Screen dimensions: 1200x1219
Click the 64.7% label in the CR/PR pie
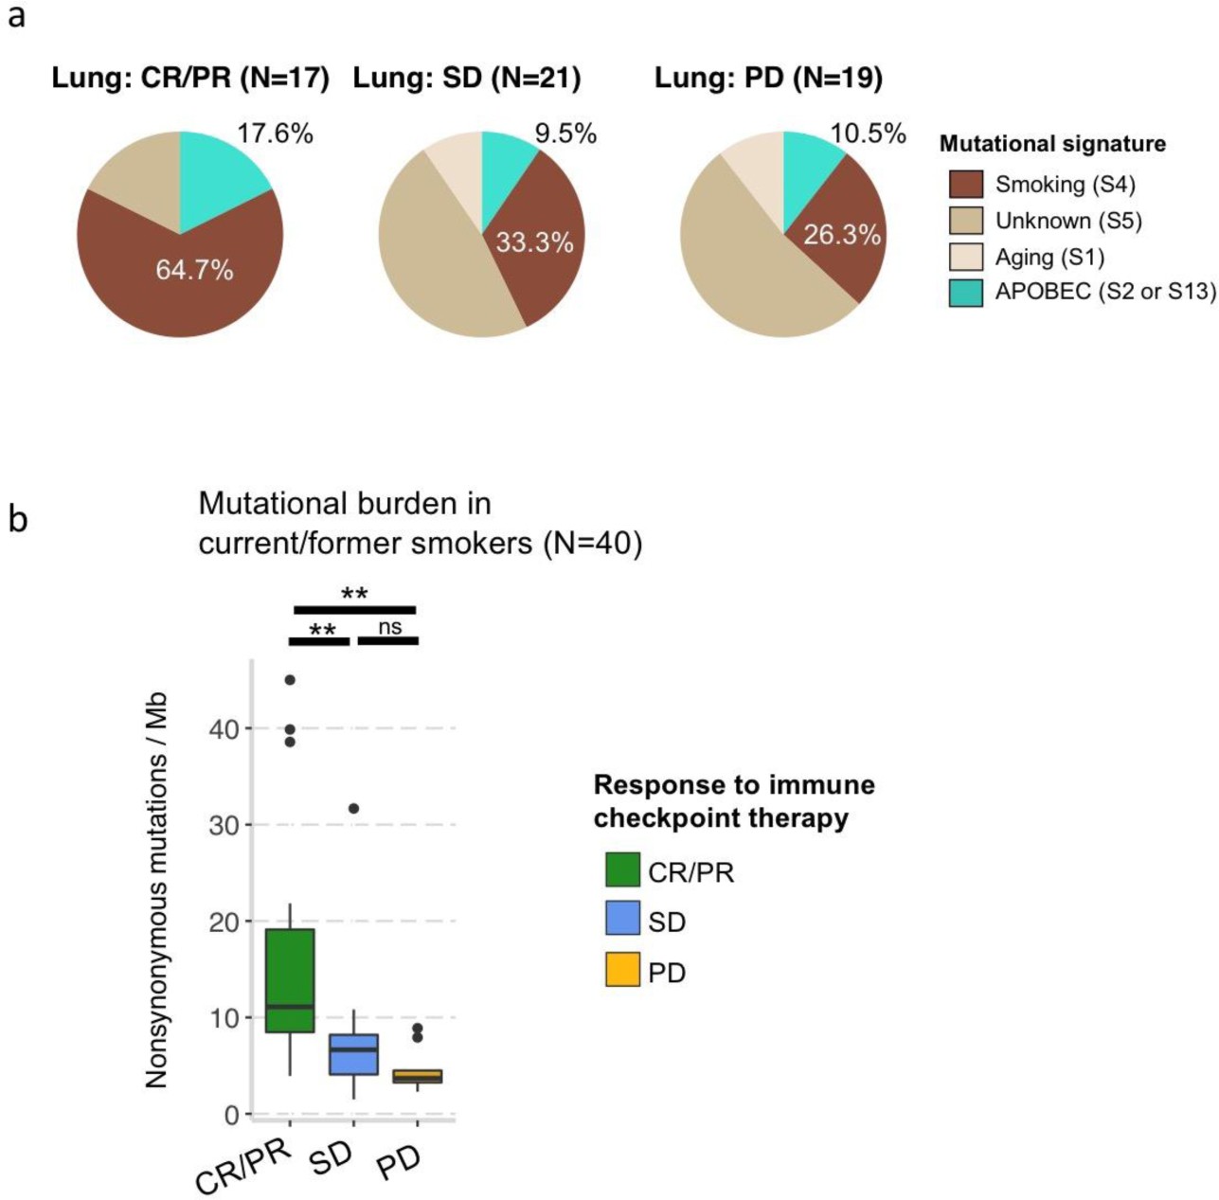click(x=194, y=271)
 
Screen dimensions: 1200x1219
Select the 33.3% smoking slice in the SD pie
click(x=534, y=242)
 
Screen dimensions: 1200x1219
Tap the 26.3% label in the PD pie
click(x=841, y=234)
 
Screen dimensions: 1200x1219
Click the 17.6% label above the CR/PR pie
click(x=275, y=134)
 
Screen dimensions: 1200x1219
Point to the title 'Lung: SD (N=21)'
click(x=467, y=78)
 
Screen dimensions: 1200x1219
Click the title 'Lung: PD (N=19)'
click(x=768, y=78)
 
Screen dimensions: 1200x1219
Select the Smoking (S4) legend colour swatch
click(x=965, y=184)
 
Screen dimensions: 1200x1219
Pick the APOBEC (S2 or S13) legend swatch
click(x=965, y=293)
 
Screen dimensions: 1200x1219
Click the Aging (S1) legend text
click(x=1049, y=257)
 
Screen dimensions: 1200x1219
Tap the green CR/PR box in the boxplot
click(x=290, y=980)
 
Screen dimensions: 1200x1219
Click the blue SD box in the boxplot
click(x=353, y=1054)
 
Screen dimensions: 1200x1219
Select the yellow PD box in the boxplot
click(x=418, y=1076)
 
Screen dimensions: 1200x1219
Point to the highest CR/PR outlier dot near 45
click(x=290, y=680)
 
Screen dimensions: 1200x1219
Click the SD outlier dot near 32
click(x=353, y=809)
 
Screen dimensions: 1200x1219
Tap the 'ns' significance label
click(x=389, y=627)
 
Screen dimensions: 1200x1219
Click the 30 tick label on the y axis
click(x=224, y=825)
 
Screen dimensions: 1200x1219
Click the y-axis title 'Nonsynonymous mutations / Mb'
click(x=156, y=889)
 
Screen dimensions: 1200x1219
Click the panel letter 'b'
click(x=17, y=519)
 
